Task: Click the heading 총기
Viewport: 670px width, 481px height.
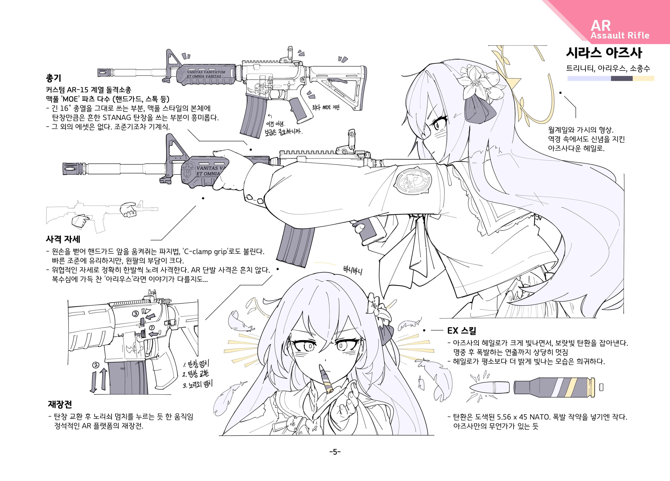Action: coord(53,78)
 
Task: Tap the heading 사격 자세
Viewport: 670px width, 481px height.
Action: coord(63,239)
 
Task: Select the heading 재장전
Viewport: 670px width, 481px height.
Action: coord(60,404)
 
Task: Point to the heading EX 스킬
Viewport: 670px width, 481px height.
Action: coord(461,330)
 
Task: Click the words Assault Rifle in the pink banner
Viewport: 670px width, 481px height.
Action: coord(620,35)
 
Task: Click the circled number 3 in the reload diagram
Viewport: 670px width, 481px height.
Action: coord(135,313)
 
